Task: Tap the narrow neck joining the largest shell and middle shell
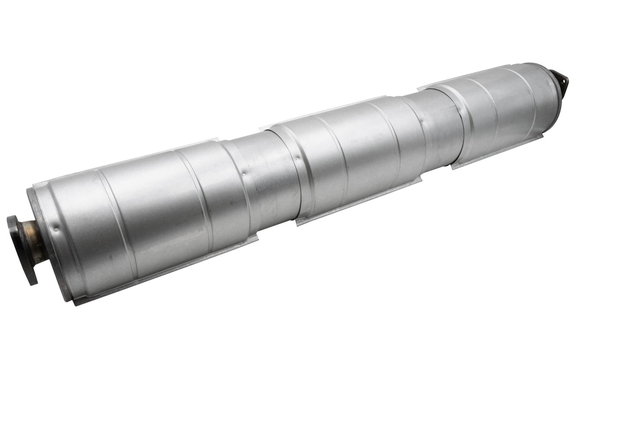pos(255,176)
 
